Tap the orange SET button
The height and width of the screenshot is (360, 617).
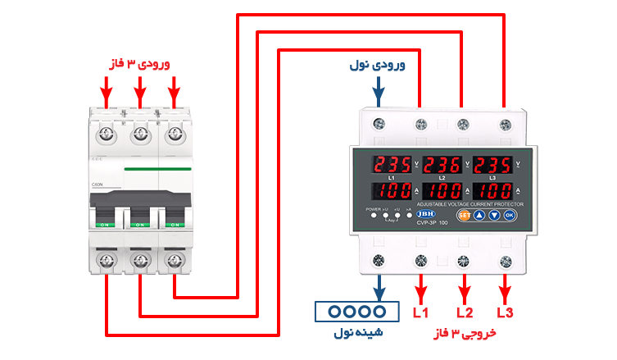point(463,216)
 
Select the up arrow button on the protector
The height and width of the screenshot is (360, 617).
point(479,216)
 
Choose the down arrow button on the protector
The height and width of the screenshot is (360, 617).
point(494,216)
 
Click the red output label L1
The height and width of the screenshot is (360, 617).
point(420,312)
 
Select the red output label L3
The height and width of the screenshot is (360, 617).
point(506,312)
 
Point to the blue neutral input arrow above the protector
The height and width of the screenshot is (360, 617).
point(379,94)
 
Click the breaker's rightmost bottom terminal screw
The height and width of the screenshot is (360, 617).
point(174,262)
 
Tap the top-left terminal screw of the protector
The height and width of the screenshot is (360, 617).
point(379,124)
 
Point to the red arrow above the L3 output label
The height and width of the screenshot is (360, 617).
point(506,287)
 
